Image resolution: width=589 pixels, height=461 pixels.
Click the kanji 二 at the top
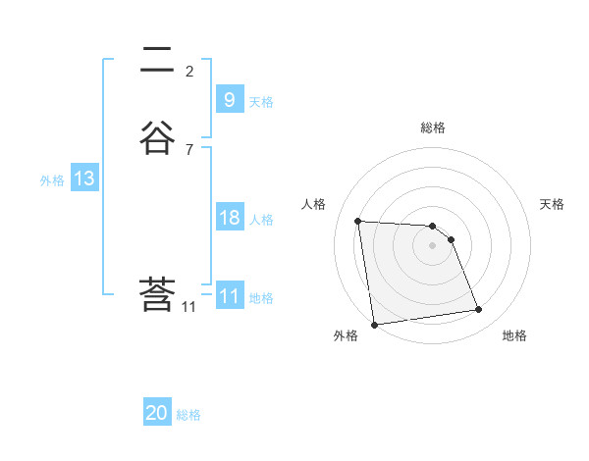(157, 61)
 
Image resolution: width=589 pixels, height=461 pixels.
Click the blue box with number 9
(229, 99)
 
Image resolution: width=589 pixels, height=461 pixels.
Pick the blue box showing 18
(229, 218)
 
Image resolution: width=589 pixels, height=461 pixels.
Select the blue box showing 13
(84, 179)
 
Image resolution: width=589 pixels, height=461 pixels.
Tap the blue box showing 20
(157, 413)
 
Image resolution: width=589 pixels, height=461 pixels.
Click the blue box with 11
(229, 296)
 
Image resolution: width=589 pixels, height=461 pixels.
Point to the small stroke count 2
(189, 71)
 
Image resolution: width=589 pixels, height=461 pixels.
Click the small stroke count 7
(189, 150)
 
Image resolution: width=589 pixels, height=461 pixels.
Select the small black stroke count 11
(189, 307)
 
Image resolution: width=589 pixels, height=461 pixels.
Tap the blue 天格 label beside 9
(261, 102)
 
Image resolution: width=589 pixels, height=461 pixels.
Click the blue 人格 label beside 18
(262, 220)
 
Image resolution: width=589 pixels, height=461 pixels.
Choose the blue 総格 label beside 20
(188, 416)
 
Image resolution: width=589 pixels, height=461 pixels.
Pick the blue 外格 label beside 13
(52, 180)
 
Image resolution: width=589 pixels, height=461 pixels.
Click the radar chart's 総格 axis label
(433, 128)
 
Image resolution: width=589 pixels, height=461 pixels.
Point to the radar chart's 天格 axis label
(552, 204)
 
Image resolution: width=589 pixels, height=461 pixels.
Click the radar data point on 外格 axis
(374, 324)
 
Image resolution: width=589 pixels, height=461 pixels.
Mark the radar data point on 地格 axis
(479, 310)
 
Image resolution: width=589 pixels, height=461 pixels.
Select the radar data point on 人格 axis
(357, 221)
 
